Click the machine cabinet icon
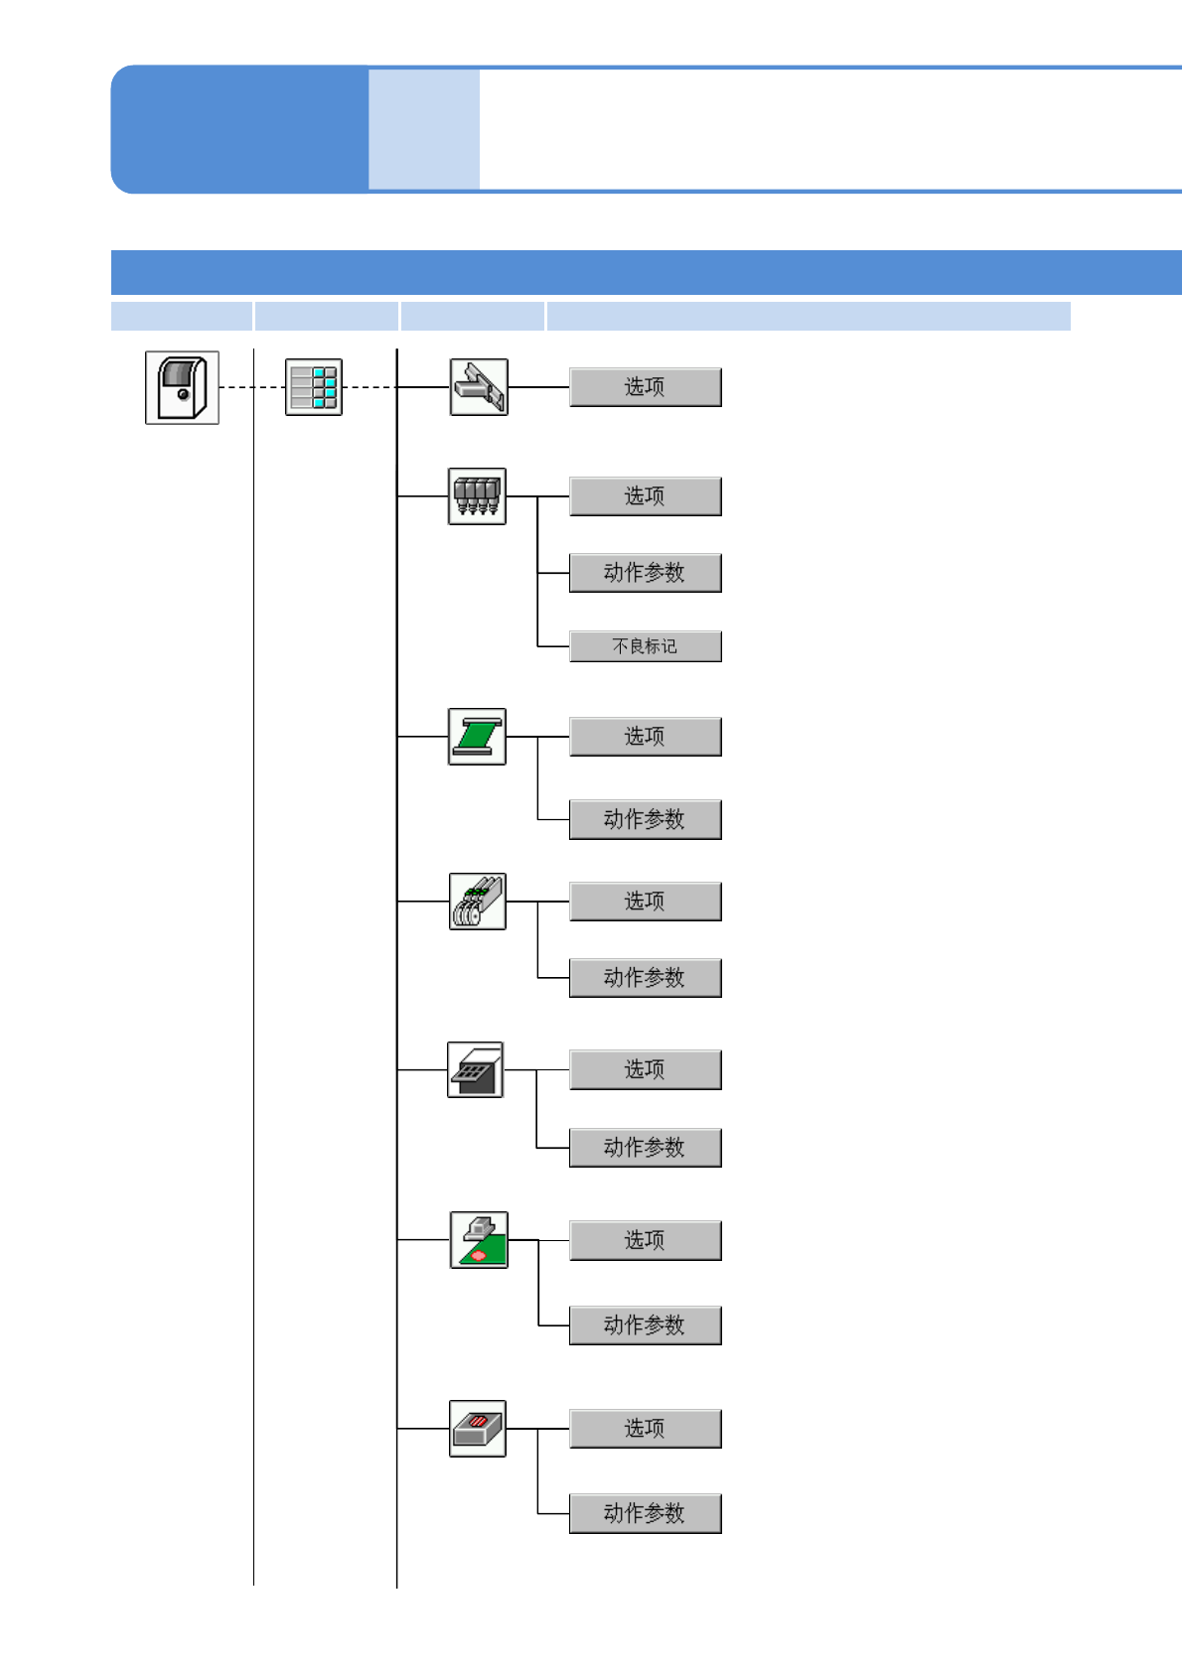click(x=182, y=387)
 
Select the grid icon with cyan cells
click(x=314, y=387)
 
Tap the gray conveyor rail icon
click(x=479, y=387)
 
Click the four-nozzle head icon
click(x=477, y=496)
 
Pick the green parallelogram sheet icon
click(x=477, y=737)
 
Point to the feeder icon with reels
click(x=477, y=902)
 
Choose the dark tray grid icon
click(x=476, y=1069)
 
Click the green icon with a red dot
click(x=479, y=1240)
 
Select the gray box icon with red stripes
click(x=477, y=1429)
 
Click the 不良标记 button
click(x=645, y=646)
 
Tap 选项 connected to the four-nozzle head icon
click(x=645, y=496)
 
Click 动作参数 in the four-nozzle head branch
click(x=645, y=573)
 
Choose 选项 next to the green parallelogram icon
click(x=645, y=737)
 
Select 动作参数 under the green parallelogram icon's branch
click(x=645, y=820)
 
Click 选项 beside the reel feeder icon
click(x=645, y=902)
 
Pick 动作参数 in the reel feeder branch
click(x=645, y=978)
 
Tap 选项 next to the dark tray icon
click(x=645, y=1070)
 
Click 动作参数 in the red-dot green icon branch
click(x=645, y=1325)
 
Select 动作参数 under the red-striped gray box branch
click(x=645, y=1514)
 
